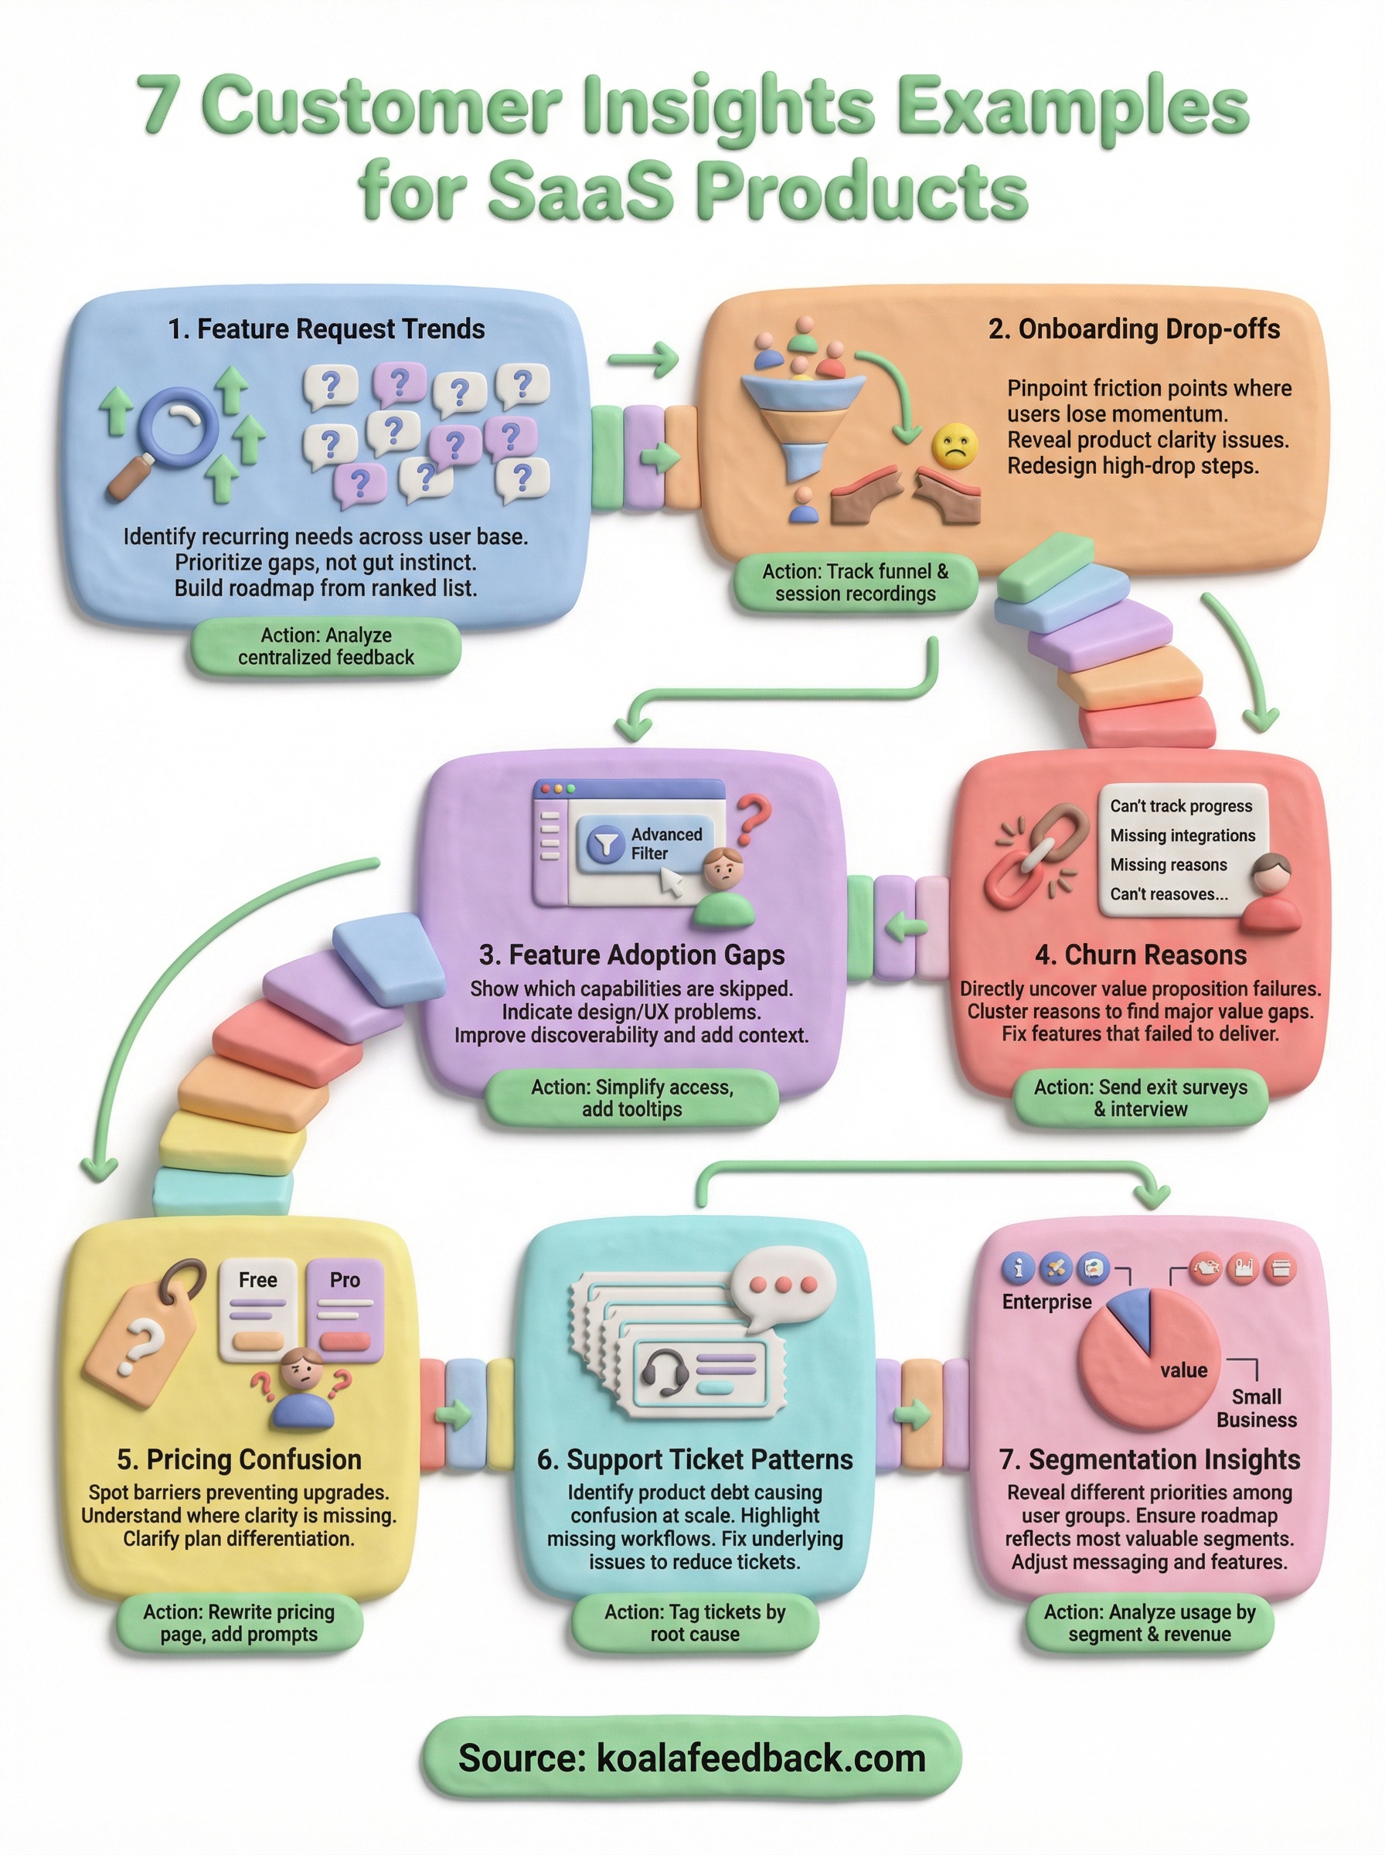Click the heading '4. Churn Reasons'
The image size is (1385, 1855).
point(1140,955)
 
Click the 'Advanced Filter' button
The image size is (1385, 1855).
point(645,843)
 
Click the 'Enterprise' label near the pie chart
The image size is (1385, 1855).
point(1046,1302)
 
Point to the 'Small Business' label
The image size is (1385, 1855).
point(1256,1408)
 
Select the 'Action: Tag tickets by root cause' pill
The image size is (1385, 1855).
point(694,1623)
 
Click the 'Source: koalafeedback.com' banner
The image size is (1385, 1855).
point(692,1758)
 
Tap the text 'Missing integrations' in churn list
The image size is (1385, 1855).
point(1182,835)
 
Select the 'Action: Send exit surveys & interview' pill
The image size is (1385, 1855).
point(1140,1098)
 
